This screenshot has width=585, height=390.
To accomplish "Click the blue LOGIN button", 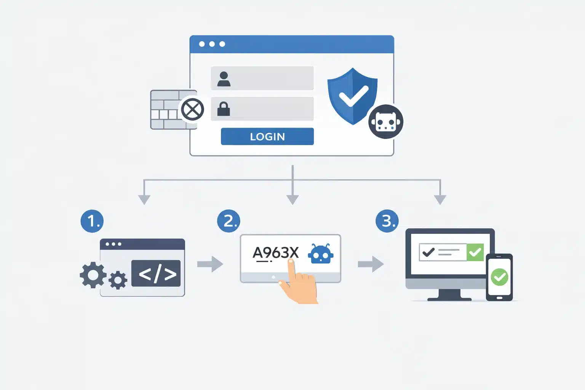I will coord(267,136).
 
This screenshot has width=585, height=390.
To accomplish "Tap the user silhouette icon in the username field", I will coord(224,79).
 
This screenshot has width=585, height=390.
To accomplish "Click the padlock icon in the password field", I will coord(224,109).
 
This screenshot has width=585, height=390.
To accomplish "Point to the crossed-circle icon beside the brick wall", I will coord(192,110).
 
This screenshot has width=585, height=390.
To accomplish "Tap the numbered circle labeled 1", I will coord(92,221).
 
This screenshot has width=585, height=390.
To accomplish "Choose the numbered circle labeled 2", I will coord(229,221).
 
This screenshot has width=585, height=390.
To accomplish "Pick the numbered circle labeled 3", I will coord(387,221).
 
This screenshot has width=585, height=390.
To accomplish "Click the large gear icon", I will coord(93,275).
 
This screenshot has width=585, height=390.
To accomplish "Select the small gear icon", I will coord(118,280).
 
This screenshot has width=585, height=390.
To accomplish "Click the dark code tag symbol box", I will coord(156,273).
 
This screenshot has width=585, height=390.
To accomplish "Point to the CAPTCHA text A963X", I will coord(276,253).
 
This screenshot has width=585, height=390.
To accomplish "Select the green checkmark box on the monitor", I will coord(475,252).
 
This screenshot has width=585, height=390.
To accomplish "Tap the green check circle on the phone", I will coord(499,277).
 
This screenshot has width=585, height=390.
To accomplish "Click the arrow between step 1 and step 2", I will coord(210,264).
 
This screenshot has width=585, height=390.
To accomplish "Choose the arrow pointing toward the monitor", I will coord(371,264).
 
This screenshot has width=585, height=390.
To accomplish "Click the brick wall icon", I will coord(168,110).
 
